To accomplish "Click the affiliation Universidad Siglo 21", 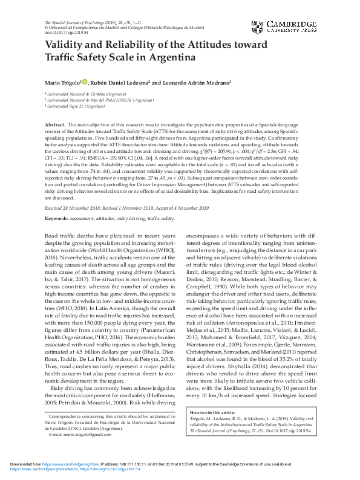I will click(x=76, y=106).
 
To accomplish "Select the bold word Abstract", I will click(x=55, y=123).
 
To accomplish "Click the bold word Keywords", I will click(x=57, y=218).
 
